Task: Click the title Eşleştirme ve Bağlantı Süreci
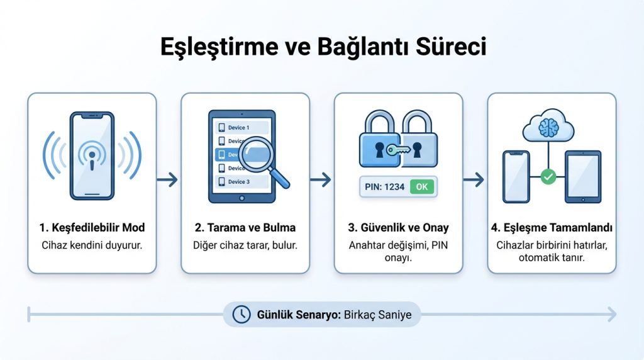click(321, 48)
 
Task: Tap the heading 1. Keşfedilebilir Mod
click(92, 228)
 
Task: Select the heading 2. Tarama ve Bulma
click(245, 228)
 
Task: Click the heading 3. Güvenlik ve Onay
click(398, 228)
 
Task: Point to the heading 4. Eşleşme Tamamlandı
click(552, 228)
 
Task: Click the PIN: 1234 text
click(384, 187)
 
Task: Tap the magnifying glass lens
click(258, 154)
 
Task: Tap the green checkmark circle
click(549, 177)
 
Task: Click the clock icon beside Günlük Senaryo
click(241, 314)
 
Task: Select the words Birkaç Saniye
click(378, 314)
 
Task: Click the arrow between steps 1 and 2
click(168, 180)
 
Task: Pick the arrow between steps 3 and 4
click(474, 180)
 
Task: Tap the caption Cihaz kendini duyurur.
click(92, 245)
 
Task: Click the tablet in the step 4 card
click(582, 177)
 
